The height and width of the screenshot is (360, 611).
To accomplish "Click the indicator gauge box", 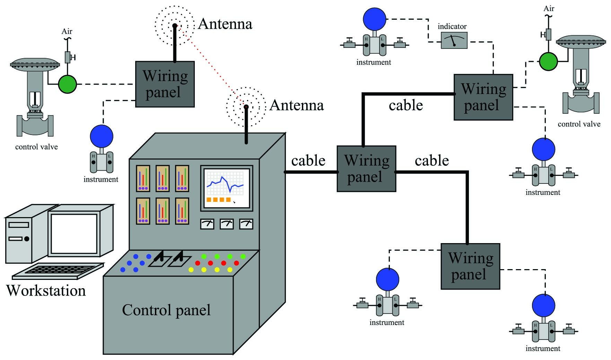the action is [x=454, y=40].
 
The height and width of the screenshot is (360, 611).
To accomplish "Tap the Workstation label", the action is [x=46, y=291].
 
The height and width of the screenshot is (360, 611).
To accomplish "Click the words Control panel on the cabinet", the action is [x=166, y=310].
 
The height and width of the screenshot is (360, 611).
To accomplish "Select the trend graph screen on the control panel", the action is [x=227, y=188].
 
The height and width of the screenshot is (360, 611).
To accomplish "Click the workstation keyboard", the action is [x=58, y=271].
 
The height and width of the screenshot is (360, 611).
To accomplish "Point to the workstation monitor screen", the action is [x=74, y=234].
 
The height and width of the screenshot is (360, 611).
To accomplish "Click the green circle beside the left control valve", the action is [x=67, y=84].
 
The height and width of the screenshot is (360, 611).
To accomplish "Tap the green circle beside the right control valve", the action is [x=548, y=61].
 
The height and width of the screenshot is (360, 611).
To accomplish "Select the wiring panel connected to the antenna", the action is [x=165, y=84].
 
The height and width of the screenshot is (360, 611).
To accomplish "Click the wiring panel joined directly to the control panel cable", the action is [x=366, y=169].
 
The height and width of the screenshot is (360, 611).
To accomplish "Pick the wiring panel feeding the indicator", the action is [x=483, y=97].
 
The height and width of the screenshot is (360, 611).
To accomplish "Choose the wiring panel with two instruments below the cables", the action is [x=470, y=266].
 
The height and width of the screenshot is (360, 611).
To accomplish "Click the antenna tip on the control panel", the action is [x=246, y=106].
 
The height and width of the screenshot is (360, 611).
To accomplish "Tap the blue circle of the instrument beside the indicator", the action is [x=375, y=19].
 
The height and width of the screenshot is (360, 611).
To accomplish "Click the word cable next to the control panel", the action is [x=308, y=161].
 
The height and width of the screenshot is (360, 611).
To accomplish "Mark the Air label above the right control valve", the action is [x=549, y=9].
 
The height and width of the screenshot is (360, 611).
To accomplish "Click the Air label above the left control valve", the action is [x=67, y=32].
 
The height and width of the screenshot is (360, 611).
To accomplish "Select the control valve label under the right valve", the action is [x=579, y=124].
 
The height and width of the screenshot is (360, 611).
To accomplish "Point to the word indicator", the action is [x=452, y=26].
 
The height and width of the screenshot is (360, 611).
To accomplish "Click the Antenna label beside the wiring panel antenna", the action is [x=225, y=24].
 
